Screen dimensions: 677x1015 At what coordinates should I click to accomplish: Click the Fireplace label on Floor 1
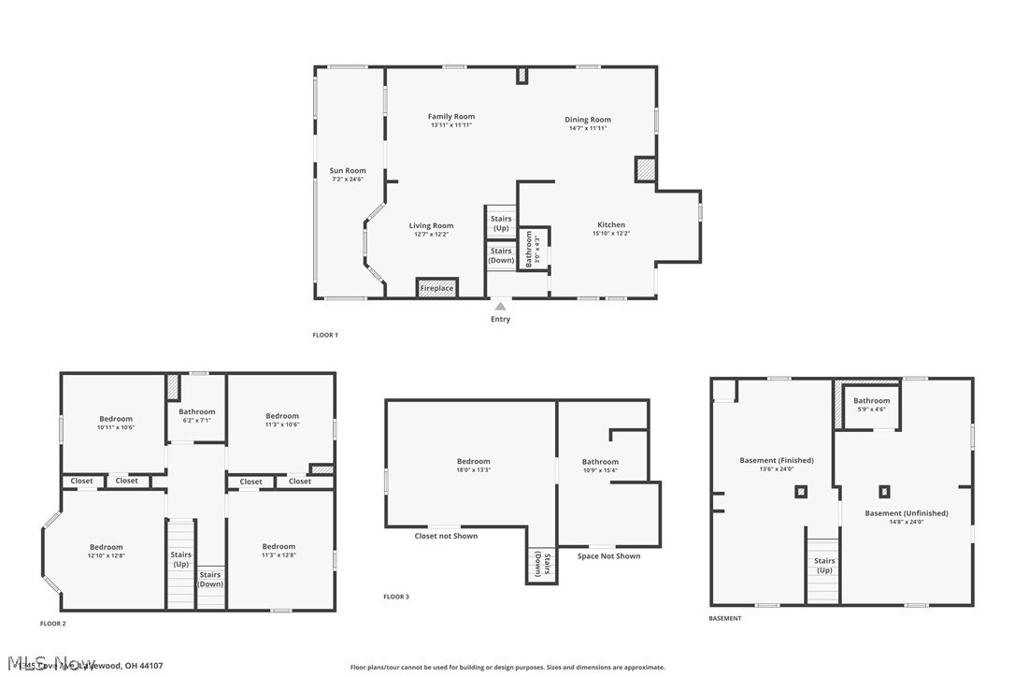436,288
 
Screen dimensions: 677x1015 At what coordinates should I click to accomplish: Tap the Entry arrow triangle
501,306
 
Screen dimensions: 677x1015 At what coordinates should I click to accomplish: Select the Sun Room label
348,171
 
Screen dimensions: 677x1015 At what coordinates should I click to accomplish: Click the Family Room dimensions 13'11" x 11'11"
451,125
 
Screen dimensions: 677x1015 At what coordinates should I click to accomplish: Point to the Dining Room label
588,120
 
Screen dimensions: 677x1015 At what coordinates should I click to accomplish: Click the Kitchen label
611,225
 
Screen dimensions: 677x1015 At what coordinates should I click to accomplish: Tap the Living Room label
431,225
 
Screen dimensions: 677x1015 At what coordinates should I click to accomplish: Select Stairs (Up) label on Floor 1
501,223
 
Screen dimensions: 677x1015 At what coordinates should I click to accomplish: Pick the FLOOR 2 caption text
52,623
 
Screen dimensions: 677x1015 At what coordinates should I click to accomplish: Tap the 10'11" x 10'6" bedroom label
116,423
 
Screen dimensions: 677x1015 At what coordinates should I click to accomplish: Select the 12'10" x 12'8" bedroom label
107,551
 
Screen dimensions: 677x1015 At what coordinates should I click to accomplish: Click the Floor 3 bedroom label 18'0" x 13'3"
473,466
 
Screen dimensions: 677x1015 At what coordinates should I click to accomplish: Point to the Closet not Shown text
446,536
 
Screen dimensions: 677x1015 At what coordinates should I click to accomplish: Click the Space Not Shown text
608,556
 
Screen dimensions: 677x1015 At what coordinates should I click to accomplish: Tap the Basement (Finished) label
777,465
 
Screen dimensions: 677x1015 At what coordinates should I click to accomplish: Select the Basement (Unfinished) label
906,517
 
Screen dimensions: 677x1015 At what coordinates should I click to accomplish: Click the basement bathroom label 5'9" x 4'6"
872,405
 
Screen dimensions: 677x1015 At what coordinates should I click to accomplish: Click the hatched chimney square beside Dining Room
645,170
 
